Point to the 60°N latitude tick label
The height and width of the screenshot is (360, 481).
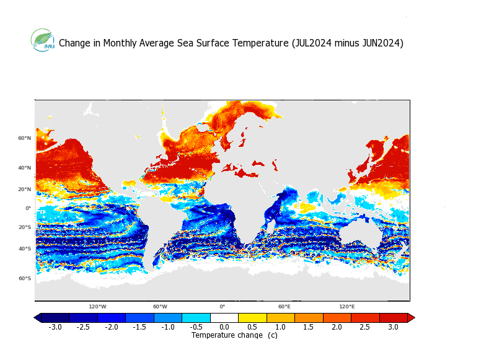pos(24,138)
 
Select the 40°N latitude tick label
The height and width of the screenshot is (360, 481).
pos(24,167)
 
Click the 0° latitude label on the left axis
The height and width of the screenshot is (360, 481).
pos(28,208)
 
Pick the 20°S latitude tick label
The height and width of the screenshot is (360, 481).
pos(24,227)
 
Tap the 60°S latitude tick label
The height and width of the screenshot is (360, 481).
pos(24,278)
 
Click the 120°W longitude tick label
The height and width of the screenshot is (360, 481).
pos(97,307)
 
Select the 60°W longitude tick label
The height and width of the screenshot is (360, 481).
pos(160,307)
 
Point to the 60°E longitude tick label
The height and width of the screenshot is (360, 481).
pos(285,307)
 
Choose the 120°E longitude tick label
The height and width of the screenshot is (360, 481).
pos(347,307)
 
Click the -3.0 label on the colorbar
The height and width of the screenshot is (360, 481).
pos(55,327)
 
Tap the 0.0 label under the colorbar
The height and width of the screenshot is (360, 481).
pos(224,327)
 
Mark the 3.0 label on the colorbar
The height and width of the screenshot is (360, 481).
pos(393,327)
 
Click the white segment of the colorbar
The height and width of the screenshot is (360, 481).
pos(224,317)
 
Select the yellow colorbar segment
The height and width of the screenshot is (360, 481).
pos(252,317)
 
